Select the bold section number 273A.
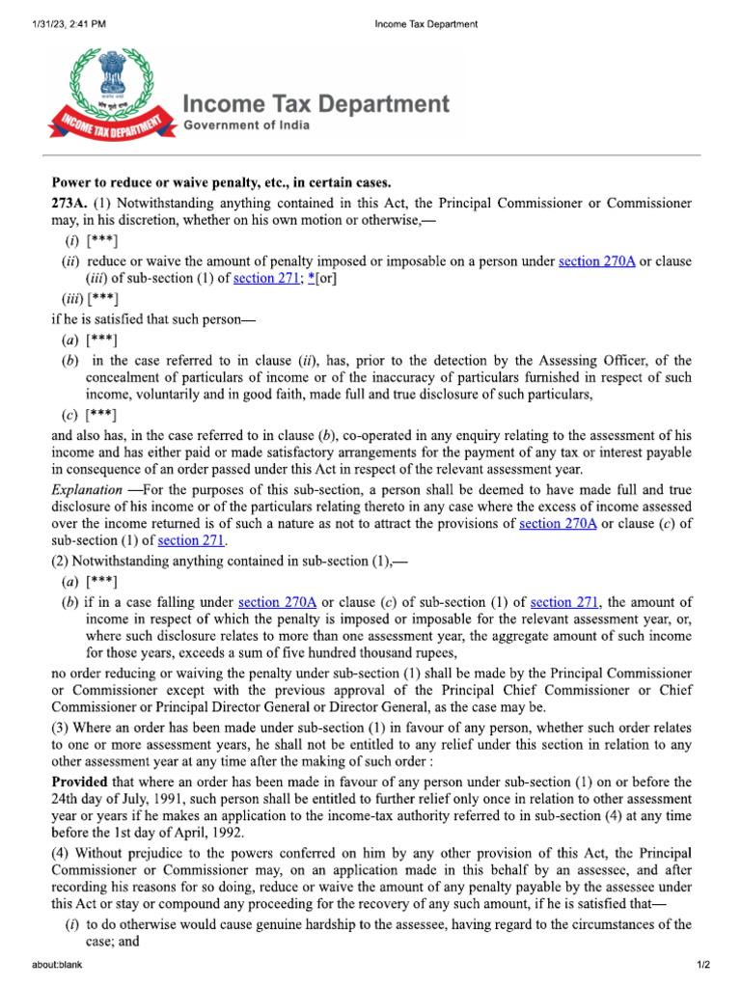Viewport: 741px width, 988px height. [x=69, y=204]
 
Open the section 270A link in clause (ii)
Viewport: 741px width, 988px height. [x=596, y=261]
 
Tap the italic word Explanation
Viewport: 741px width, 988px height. [x=86, y=490]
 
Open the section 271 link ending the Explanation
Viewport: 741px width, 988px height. [x=191, y=541]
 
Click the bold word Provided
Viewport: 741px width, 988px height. [x=79, y=782]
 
